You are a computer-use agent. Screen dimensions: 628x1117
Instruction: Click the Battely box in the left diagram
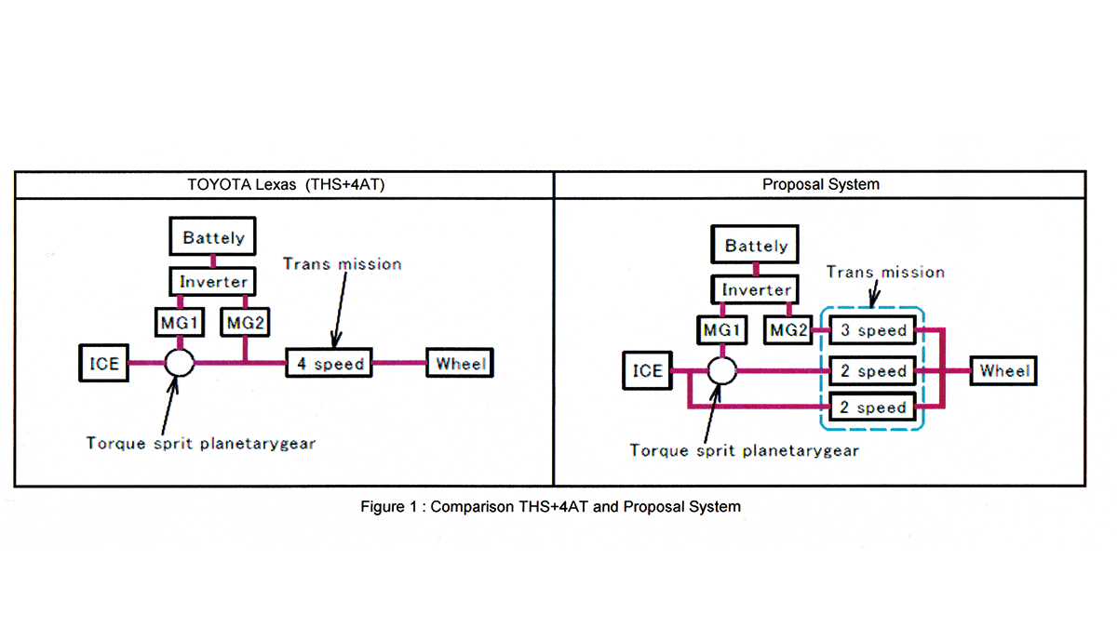pyautogui.click(x=213, y=238)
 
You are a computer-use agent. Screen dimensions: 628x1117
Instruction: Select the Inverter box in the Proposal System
pyautogui.click(x=756, y=290)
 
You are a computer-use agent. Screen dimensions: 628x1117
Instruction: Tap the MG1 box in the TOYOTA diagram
pyautogui.click(x=178, y=323)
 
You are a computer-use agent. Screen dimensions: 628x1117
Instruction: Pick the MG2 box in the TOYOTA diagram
pyautogui.click(x=244, y=323)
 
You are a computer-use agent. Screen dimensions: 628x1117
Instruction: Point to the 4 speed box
pyautogui.click(x=330, y=364)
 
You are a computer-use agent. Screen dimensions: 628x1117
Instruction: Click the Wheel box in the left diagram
pyautogui.click(x=460, y=363)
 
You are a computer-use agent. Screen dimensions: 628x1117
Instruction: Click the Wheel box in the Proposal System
pyautogui.click(x=1004, y=371)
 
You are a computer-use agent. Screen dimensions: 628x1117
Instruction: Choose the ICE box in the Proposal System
pyautogui.click(x=647, y=371)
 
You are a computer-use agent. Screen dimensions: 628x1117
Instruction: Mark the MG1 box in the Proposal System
pyautogui.click(x=721, y=329)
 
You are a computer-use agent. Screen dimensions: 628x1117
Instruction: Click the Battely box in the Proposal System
pyautogui.click(x=756, y=247)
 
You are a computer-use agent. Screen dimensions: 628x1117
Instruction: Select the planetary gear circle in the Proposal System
pyautogui.click(x=721, y=371)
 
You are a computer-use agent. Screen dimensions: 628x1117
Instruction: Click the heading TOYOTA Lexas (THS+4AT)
pyautogui.click(x=284, y=184)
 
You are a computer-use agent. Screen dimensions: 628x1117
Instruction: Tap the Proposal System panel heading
pyautogui.click(x=820, y=184)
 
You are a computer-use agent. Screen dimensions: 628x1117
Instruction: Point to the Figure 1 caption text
pyautogui.click(x=551, y=507)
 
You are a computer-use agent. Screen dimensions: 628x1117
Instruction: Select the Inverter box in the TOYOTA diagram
pyautogui.click(x=213, y=281)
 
